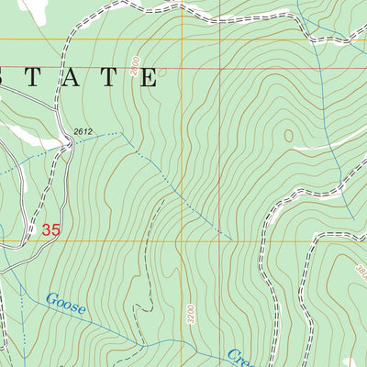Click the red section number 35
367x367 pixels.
pyautogui.click(x=50, y=231)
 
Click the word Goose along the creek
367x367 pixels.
pyautogui.click(x=65, y=304)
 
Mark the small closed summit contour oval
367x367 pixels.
pyautogui.click(x=291, y=136)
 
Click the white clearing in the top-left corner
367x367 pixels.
pyautogui.click(x=34, y=9)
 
